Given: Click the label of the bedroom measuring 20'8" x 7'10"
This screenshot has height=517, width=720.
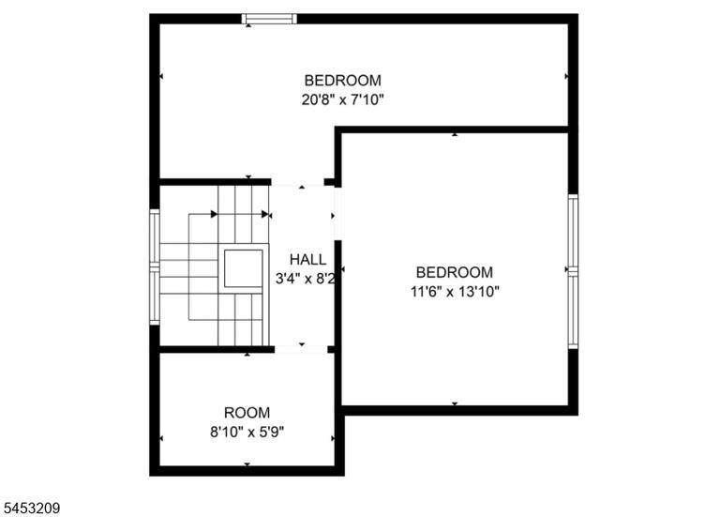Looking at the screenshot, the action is (342, 81).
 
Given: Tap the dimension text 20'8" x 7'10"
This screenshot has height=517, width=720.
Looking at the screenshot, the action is (342, 99).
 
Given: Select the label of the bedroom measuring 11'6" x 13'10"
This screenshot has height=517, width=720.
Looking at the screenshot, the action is (455, 272).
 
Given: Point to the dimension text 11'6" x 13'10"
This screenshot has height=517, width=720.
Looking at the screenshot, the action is (455, 292).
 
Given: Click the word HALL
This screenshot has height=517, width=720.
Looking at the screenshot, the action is (308, 260).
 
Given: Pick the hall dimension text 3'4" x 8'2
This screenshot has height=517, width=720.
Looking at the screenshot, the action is (306, 279).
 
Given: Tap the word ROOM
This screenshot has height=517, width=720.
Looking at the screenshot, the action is (247, 413).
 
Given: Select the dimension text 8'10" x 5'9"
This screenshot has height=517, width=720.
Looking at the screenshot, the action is (247, 432).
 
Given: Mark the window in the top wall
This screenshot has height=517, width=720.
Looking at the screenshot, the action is (269, 19).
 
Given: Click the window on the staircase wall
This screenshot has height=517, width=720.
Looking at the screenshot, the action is (155, 267).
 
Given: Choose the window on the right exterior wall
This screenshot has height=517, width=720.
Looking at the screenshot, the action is (573, 271).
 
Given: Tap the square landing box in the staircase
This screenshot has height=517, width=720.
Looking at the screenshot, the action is (244, 268).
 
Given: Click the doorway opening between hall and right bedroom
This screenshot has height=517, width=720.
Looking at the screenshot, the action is (337, 214).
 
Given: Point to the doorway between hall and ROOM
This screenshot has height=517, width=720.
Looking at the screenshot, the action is (301, 350).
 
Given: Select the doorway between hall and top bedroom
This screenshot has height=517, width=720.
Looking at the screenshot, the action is (297, 182).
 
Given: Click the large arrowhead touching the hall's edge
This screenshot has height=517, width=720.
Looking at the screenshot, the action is (265, 214).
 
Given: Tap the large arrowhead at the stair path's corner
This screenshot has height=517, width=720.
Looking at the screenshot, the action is (214, 214).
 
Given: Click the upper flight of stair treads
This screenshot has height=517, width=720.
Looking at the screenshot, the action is (244, 214).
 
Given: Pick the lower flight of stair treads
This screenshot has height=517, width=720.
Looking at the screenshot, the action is (244, 319).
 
